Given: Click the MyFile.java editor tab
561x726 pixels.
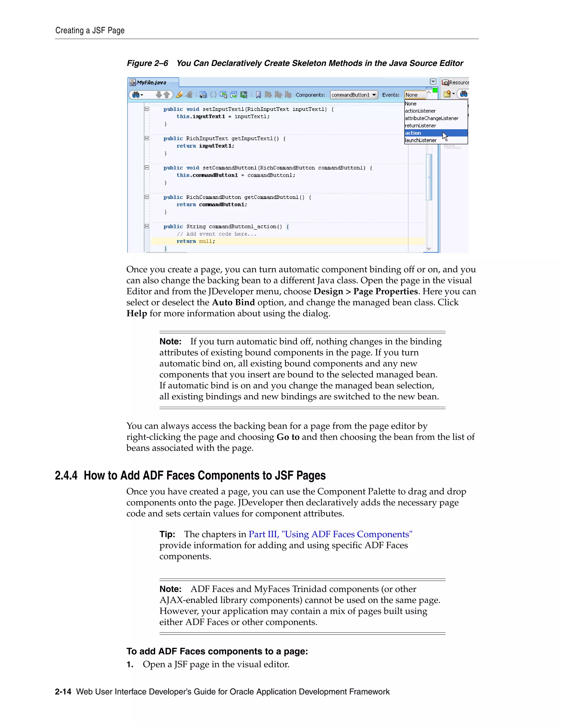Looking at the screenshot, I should coord(151,82).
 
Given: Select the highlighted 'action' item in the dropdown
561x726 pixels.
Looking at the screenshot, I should coord(413,133).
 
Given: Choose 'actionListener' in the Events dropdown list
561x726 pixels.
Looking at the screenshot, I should coord(420,111).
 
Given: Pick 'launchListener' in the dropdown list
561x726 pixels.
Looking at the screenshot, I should coord(420,140).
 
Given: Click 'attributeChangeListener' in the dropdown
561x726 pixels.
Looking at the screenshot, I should coord(431,118).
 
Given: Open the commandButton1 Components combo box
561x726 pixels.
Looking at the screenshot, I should coord(354,95).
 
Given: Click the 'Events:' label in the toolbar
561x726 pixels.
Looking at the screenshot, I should coord(391,95).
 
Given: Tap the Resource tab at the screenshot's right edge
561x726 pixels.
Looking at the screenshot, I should coord(456,82).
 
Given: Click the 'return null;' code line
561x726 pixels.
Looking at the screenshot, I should coord(196,241).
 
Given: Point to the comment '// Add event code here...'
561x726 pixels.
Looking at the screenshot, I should coord(216,234).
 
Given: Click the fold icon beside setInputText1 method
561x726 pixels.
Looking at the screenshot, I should coord(147,109).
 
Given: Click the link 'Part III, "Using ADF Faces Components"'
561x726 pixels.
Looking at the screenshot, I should coord(330,534).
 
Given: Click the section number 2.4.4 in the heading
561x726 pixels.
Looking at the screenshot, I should coord(66,476).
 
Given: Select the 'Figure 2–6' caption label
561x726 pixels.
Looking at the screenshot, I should coord(147,63).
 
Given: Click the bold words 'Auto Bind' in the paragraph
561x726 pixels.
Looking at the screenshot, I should coord(233,302).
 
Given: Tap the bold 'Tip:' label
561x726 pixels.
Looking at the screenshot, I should coord(167,534).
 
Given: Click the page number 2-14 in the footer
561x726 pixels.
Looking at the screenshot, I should coord(63,692).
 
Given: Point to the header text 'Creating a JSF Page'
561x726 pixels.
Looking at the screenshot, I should coord(90,31).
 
